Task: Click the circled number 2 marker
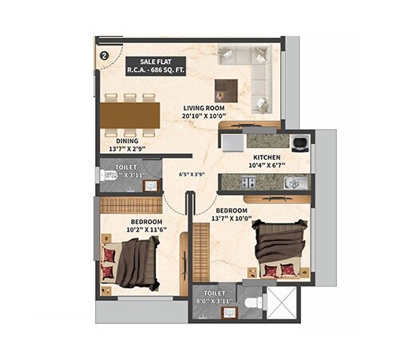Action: point(105,56)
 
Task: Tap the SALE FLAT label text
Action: point(155,61)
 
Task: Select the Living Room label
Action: point(204,108)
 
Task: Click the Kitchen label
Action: point(267,158)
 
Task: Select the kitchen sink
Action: point(292,183)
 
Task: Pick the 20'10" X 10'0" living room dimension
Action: point(204,117)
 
